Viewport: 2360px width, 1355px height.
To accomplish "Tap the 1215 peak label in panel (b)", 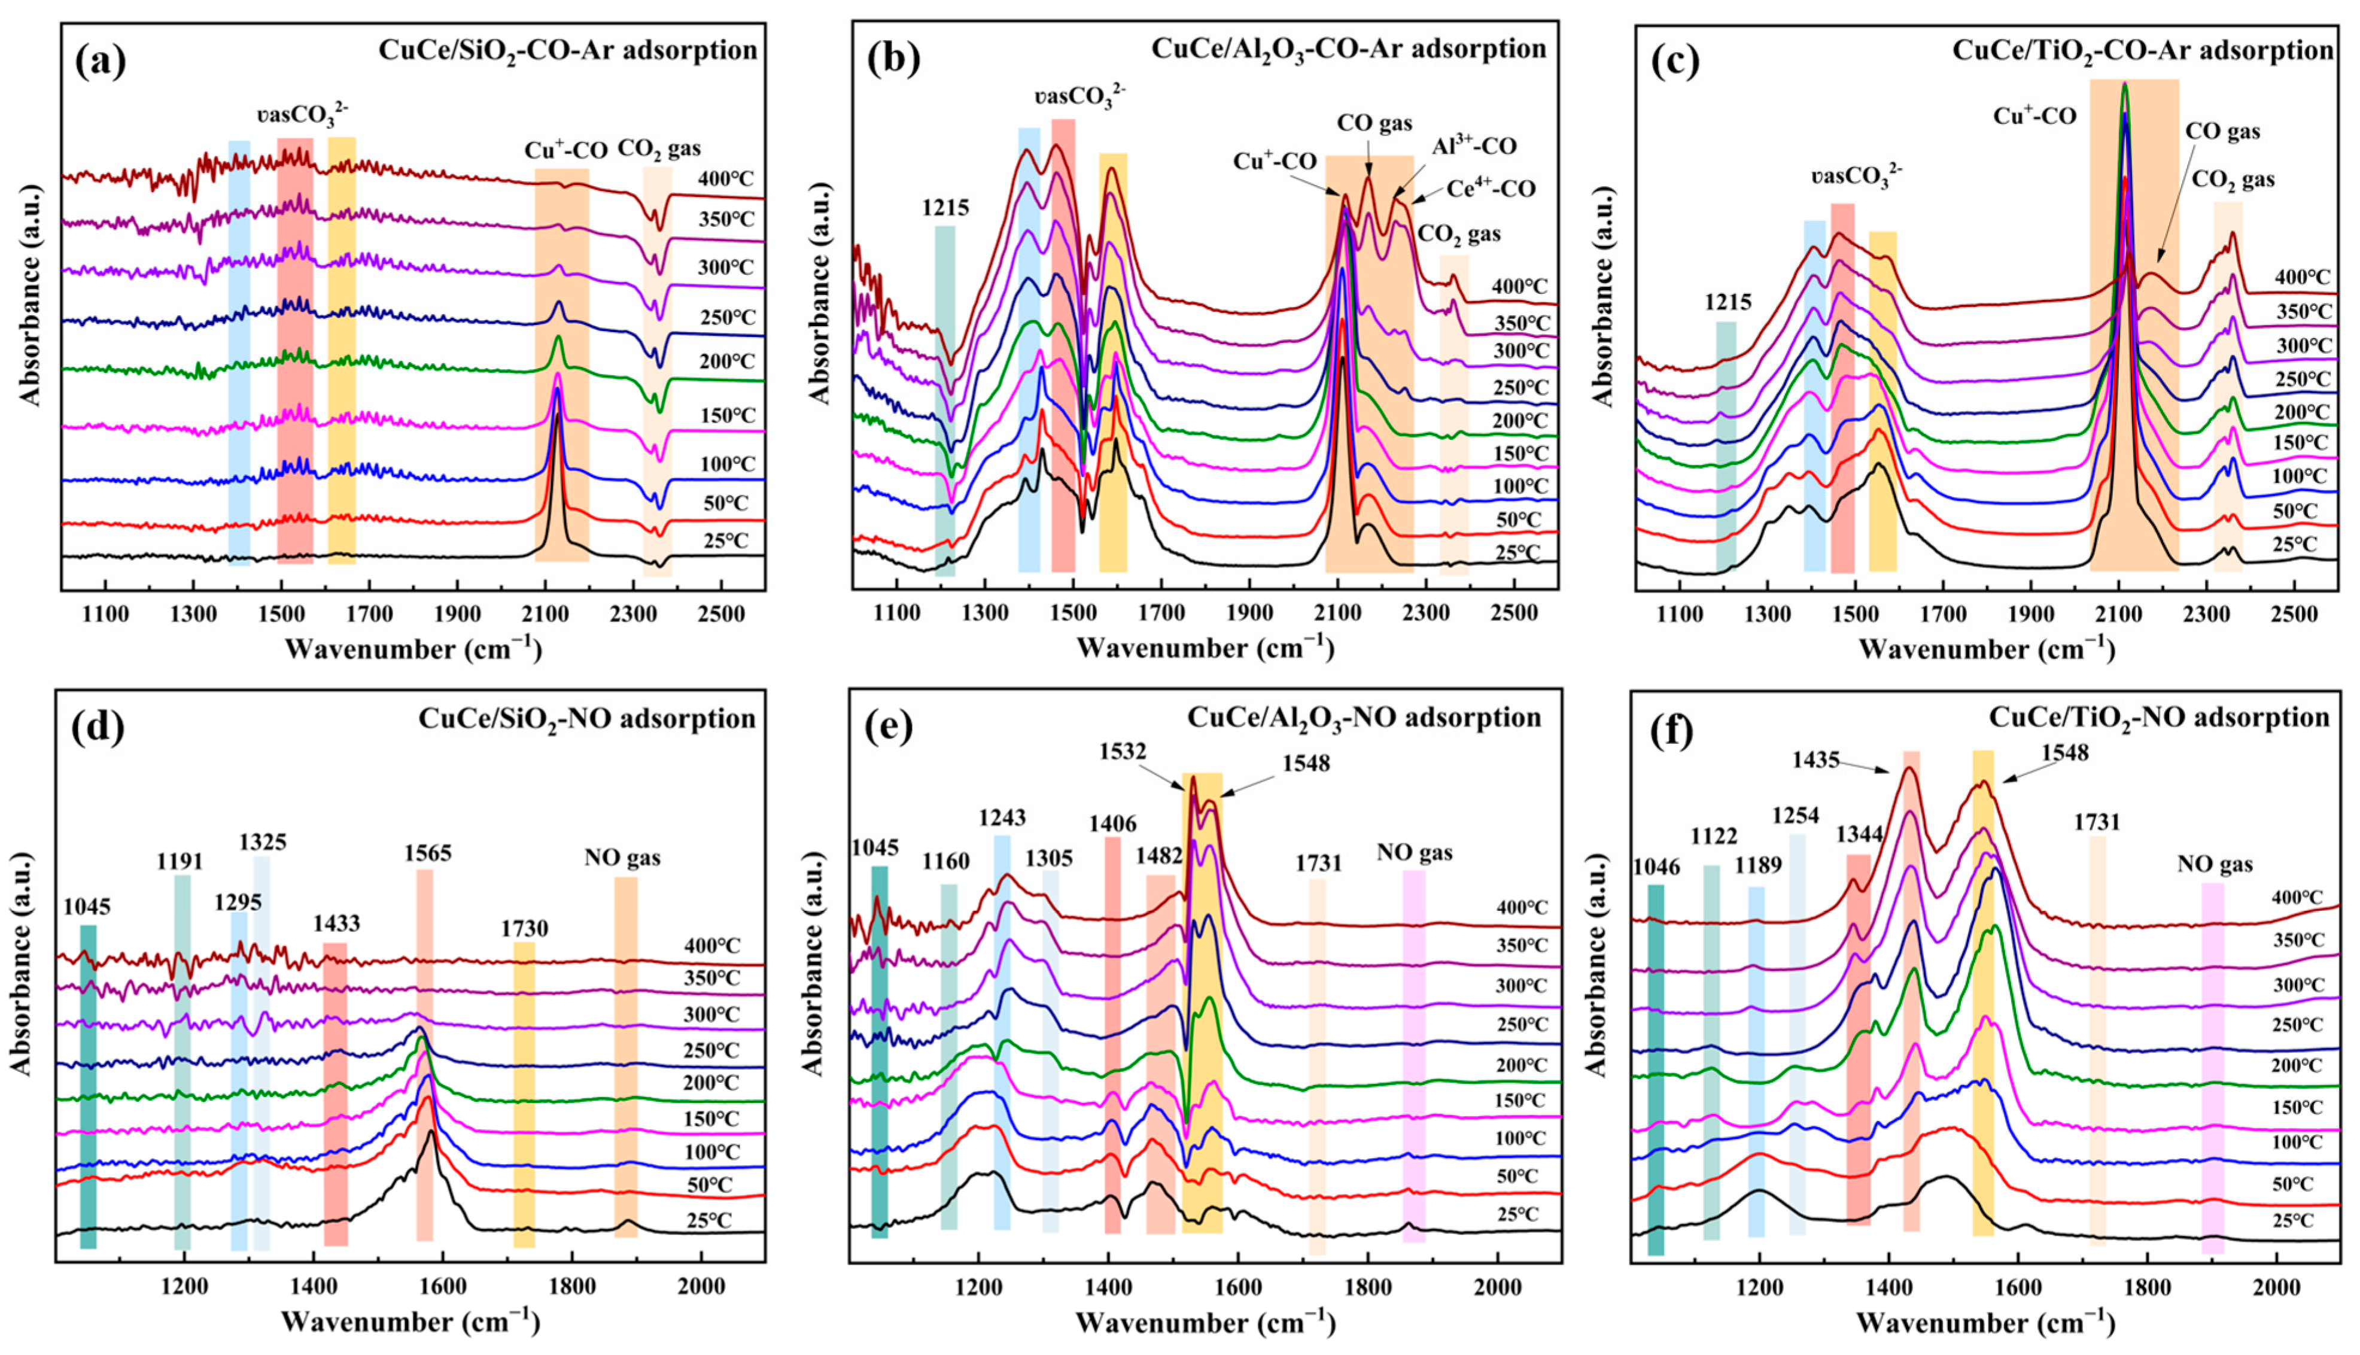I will [945, 208].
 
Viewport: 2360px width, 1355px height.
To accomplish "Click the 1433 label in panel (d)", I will [336, 924].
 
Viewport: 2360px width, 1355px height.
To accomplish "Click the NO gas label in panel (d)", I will [622, 857].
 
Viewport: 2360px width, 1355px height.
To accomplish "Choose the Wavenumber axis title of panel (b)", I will [1205, 648].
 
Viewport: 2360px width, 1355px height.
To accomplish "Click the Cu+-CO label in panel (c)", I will [2035, 141].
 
